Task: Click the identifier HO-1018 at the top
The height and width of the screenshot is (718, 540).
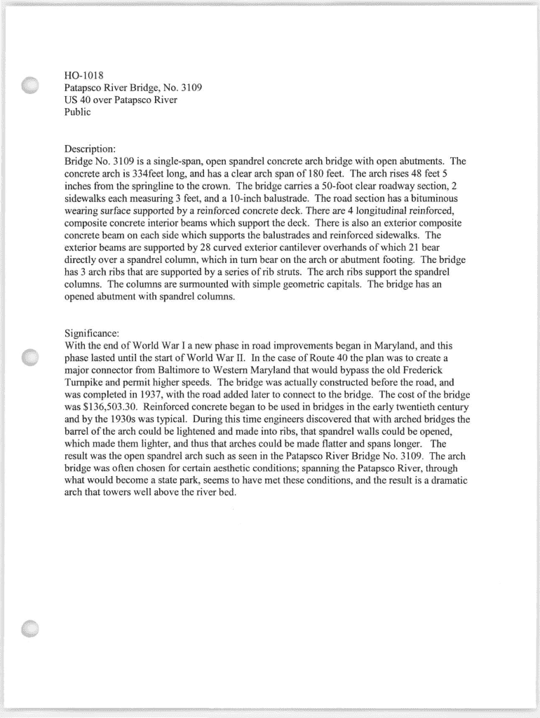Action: tap(83, 75)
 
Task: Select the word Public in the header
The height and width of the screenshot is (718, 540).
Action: tap(77, 113)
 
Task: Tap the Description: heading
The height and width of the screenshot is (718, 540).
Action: tap(90, 149)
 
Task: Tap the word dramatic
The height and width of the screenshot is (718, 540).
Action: tap(447, 480)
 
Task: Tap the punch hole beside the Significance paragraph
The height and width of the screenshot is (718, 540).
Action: tap(30, 357)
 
